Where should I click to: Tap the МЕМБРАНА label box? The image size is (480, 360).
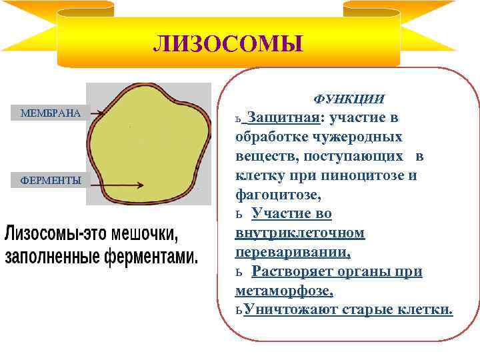point(51,113)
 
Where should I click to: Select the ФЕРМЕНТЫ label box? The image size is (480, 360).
point(51,180)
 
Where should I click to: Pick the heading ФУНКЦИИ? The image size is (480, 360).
point(349,99)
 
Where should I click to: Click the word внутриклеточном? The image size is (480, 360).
point(300,233)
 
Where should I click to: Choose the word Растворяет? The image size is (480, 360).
point(293,272)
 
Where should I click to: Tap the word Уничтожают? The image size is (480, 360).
point(291,310)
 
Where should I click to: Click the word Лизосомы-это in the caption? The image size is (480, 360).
point(49,235)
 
